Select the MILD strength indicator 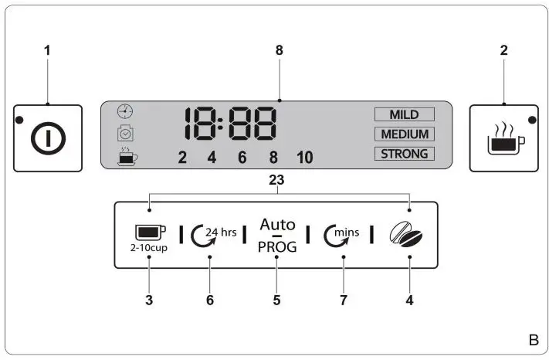coord(404,114)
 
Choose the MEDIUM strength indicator coord(404,134)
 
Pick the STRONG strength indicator coord(404,153)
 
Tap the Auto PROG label coord(277,235)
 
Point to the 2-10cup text coord(150,248)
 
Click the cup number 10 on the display coord(304,158)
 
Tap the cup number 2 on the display coord(183,158)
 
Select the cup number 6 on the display coord(242,158)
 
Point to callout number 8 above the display coord(280,50)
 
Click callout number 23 coord(276,180)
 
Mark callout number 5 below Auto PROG coord(277,299)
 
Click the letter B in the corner coord(533,340)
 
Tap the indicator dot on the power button coord(19,121)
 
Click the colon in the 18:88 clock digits coord(220,124)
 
